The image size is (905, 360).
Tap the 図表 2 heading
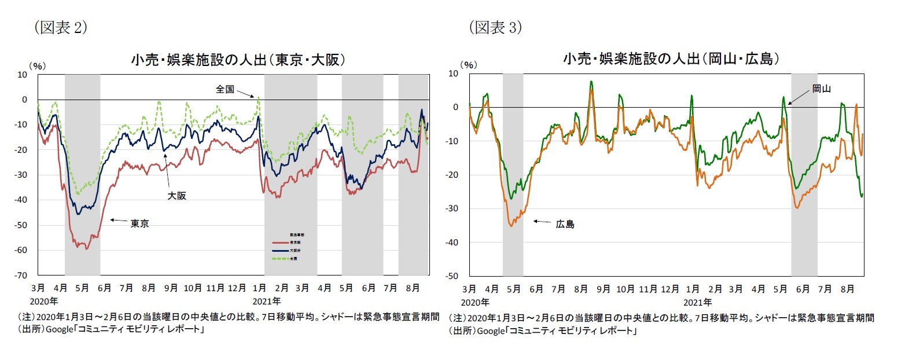(x=60, y=27)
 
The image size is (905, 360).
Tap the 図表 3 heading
(x=495, y=27)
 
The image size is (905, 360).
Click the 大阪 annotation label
(x=177, y=196)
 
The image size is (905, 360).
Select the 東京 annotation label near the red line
(x=139, y=224)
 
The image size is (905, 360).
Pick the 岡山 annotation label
(x=821, y=88)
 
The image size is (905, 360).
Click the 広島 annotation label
(x=565, y=224)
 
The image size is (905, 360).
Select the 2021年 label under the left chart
(x=267, y=301)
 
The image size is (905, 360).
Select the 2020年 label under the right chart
(x=474, y=302)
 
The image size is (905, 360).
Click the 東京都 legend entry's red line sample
(x=281, y=243)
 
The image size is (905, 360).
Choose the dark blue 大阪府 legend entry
(x=281, y=251)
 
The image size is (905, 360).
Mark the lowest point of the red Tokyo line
(x=86, y=249)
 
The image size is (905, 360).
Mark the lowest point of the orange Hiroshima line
(x=511, y=226)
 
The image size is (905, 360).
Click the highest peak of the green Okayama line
(x=591, y=82)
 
